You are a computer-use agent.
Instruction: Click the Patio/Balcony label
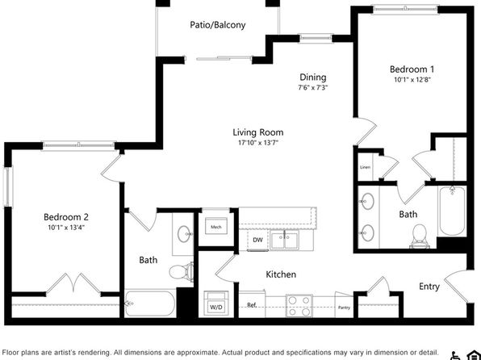(x=217, y=24)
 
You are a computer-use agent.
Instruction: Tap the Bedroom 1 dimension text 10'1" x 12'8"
(x=412, y=80)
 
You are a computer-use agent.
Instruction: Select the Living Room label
(x=258, y=132)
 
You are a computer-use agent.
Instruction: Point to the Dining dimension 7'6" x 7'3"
(x=312, y=87)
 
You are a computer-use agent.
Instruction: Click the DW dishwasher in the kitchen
(x=257, y=241)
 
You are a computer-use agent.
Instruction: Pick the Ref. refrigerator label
(x=252, y=305)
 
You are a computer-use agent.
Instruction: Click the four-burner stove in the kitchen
(x=299, y=306)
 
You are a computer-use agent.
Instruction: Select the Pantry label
(x=344, y=308)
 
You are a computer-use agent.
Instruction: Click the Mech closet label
(x=216, y=227)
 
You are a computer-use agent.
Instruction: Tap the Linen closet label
(x=365, y=167)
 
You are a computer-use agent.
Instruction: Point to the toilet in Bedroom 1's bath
(x=419, y=236)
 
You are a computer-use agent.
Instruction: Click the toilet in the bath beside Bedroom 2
(x=181, y=271)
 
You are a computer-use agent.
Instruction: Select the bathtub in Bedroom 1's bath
(x=452, y=211)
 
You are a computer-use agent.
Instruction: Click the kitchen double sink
(x=284, y=241)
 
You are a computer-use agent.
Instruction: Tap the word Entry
(x=429, y=287)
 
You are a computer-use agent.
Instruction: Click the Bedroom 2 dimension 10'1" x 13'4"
(x=66, y=228)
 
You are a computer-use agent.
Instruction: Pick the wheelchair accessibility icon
(x=454, y=355)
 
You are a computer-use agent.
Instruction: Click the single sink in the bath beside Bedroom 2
(x=184, y=234)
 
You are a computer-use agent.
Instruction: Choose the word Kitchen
(x=281, y=274)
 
